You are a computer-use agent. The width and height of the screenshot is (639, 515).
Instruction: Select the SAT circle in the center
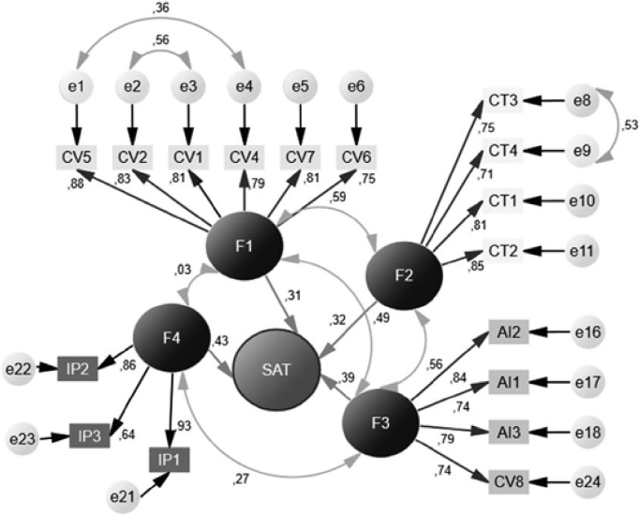(x=278, y=368)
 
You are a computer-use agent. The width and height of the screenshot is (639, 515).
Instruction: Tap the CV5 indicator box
(x=76, y=155)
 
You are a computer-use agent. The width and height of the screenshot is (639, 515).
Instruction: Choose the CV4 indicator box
(x=245, y=155)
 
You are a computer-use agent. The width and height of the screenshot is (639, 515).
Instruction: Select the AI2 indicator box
(x=512, y=331)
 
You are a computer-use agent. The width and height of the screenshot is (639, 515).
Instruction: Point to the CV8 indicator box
(x=512, y=483)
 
